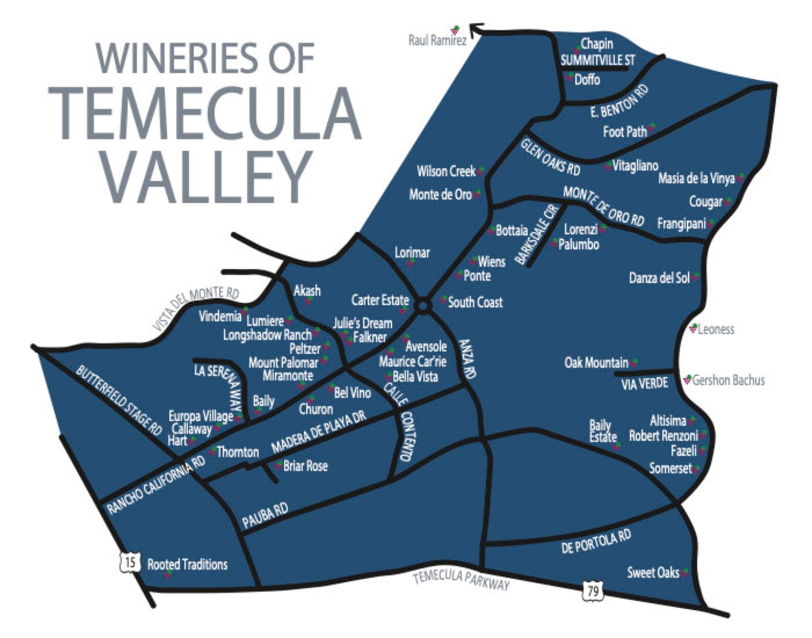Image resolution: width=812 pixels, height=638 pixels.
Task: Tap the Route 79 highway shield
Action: tap(593, 591)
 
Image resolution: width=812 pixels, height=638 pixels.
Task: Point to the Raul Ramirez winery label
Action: tap(437, 40)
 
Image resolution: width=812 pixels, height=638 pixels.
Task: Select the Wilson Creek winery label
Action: tap(446, 171)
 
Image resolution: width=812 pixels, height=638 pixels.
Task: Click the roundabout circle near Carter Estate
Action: tap(422, 306)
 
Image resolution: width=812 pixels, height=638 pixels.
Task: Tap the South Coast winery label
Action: tap(475, 302)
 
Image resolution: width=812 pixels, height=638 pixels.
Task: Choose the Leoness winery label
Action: tap(716, 330)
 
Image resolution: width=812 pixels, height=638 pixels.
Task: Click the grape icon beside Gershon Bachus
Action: tap(687, 380)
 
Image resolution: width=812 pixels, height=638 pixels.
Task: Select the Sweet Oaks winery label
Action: tap(653, 573)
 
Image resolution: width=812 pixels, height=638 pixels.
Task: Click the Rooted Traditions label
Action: tap(187, 565)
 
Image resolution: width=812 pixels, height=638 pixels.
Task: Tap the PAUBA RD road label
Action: tap(265, 515)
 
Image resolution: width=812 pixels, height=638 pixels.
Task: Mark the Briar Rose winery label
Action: tap(305, 466)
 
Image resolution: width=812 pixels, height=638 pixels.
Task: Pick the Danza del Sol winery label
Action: tap(659, 279)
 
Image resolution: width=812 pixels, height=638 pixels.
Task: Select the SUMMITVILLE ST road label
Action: tap(597, 60)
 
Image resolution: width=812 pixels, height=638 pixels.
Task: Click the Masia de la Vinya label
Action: tap(696, 178)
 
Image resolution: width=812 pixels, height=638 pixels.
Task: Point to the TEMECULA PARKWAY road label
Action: tap(461, 580)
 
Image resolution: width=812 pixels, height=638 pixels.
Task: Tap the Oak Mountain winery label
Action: tap(596, 363)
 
